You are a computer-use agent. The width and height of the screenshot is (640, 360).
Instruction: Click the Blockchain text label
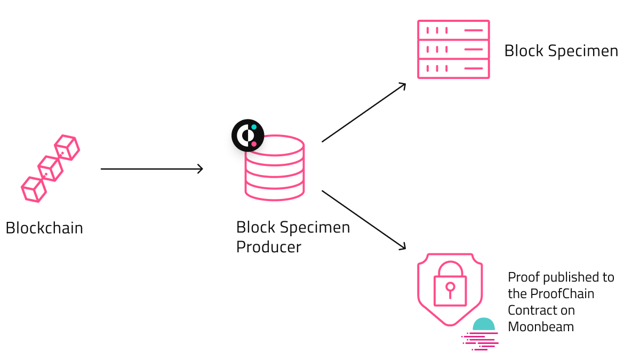[44, 228]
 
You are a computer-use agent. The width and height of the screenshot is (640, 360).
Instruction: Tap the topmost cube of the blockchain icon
[67, 147]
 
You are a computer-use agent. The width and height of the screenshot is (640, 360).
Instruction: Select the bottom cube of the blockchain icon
[34, 189]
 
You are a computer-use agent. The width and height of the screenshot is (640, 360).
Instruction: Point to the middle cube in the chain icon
[51, 169]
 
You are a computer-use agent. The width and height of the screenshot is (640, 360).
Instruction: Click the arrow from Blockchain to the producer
[151, 169]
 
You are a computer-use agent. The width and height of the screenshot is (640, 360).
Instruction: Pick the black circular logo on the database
[247, 135]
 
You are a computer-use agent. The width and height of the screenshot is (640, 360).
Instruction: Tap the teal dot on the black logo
[254, 127]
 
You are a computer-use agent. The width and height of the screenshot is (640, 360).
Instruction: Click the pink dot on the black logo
[254, 143]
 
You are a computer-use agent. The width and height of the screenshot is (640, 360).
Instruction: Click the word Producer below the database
[269, 247]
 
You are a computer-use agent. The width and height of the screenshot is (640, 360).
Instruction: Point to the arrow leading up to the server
[364, 113]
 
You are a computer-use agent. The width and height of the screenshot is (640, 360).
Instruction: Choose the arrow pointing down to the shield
[364, 220]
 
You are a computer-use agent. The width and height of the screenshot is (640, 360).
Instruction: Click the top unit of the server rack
[453, 30]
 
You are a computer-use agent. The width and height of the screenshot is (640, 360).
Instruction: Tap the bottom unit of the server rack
[453, 69]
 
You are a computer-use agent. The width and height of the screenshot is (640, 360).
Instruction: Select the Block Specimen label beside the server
[561, 51]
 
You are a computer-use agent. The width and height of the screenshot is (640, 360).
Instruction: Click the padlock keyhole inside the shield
[450, 290]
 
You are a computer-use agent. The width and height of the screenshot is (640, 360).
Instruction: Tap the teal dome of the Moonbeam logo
[484, 324]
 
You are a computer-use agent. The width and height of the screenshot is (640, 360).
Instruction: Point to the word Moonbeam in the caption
[541, 327]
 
